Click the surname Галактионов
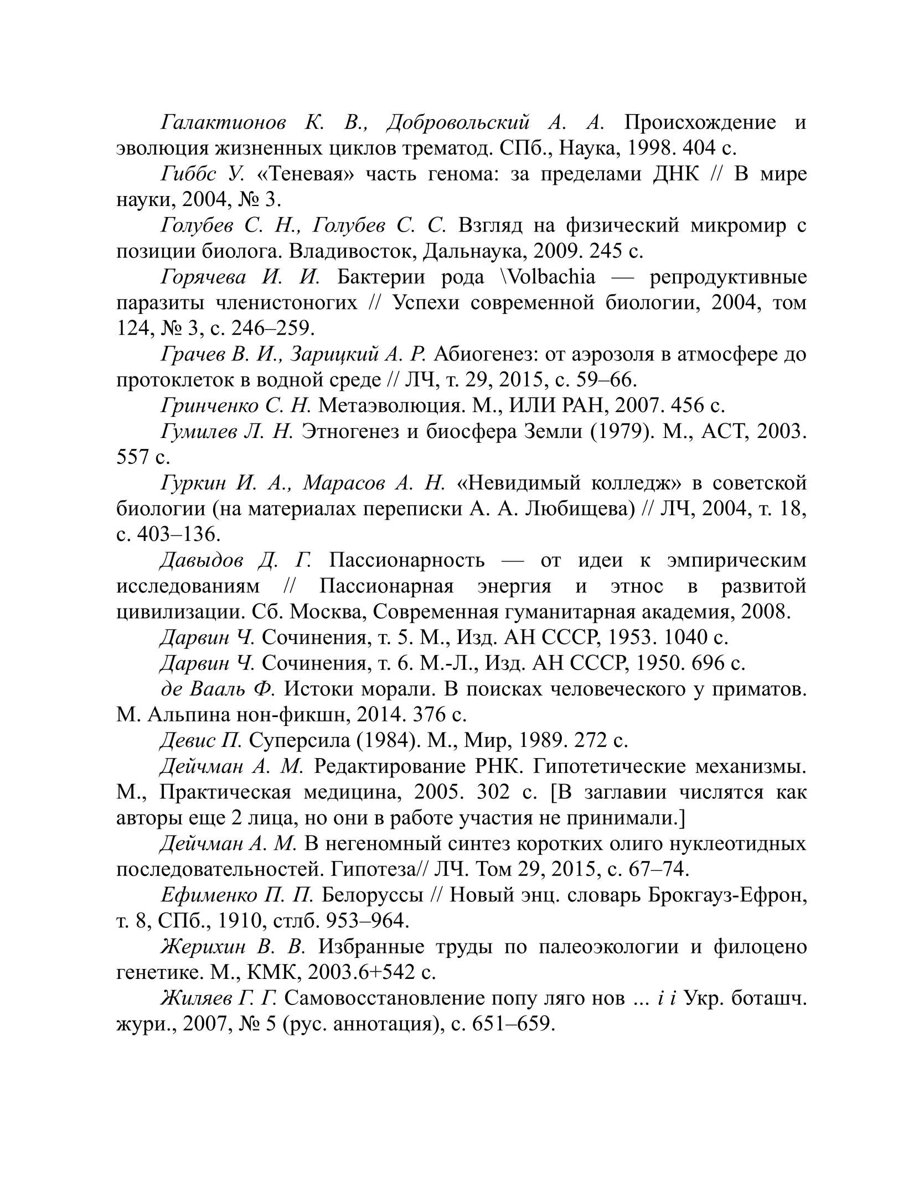[x=223, y=122]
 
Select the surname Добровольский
[x=458, y=122]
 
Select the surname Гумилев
[x=199, y=431]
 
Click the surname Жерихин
[x=203, y=946]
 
